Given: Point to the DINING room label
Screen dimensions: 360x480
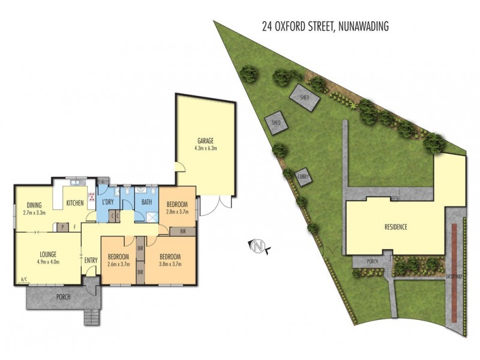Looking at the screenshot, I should (x=34, y=205).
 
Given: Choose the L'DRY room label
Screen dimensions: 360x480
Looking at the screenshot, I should (x=109, y=202).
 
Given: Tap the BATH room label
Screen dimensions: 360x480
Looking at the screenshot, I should (x=146, y=202).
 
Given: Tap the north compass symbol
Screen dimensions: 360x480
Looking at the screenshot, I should (x=259, y=245).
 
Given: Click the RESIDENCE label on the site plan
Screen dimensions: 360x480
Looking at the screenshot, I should (x=396, y=227).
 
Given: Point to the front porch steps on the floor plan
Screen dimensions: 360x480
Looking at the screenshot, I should (x=91, y=316).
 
